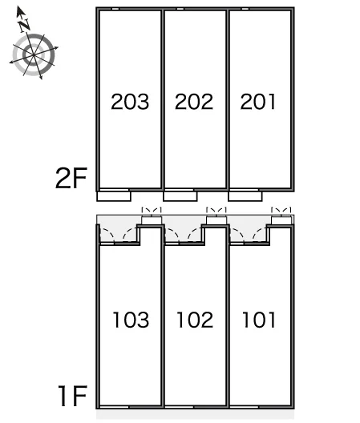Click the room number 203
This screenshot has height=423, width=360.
(130, 102)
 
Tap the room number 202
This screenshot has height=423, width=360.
(194, 102)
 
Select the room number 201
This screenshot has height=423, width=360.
(258, 102)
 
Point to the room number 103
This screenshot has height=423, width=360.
(131, 320)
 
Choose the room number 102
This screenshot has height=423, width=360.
(195, 320)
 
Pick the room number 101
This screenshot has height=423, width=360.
(259, 320)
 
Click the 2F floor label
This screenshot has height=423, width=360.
(71, 178)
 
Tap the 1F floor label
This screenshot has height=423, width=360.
(73, 396)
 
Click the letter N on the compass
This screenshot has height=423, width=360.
(25, 25)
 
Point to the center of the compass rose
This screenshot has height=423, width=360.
(33, 55)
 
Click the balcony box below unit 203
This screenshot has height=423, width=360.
(114, 196)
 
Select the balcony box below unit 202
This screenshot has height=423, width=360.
(180, 196)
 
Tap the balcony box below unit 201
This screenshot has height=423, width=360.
(245, 196)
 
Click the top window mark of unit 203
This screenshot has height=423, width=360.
(115, 9)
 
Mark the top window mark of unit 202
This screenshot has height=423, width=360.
(180, 9)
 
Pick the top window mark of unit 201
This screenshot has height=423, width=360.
(245, 9)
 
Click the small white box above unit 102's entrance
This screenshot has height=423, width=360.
(216, 220)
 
